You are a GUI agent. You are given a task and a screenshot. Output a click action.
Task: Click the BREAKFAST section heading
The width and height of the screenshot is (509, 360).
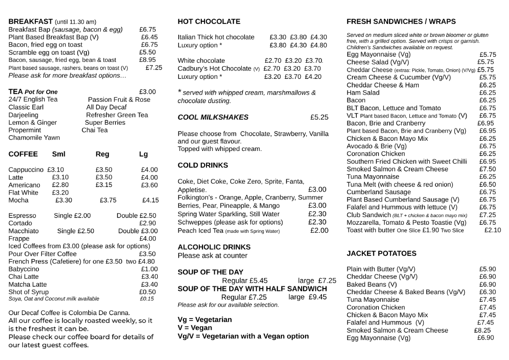point(31,22)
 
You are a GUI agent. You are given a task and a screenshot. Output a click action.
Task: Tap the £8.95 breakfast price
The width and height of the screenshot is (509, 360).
point(147,60)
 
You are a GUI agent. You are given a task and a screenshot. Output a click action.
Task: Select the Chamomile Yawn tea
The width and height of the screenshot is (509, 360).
point(34,138)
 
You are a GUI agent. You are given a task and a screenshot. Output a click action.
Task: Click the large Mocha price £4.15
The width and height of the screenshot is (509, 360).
point(151,201)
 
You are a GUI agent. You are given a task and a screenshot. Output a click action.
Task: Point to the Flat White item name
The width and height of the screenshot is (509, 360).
point(23,193)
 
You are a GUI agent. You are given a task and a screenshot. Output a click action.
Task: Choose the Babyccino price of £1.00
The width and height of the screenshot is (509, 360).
point(149,269)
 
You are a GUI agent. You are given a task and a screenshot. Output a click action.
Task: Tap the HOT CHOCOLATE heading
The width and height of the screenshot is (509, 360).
point(209,22)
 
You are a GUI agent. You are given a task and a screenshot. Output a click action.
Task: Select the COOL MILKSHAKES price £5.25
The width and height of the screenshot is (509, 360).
point(319,117)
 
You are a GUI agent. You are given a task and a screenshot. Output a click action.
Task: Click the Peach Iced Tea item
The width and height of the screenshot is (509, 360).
point(200,231)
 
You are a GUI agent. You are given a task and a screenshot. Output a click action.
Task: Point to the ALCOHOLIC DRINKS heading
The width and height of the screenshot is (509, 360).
point(214,247)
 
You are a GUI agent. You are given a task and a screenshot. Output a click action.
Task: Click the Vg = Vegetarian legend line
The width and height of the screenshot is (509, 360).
point(204,320)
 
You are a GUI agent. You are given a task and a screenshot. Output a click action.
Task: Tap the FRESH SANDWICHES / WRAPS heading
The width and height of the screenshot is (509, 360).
point(401,22)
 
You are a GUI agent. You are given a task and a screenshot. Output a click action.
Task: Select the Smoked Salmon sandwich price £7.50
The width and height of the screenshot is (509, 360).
point(487,169)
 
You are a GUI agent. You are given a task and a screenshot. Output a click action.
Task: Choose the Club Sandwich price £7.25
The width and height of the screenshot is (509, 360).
point(487,215)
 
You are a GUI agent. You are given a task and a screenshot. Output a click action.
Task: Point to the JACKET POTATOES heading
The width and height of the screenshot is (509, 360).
point(381,254)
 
